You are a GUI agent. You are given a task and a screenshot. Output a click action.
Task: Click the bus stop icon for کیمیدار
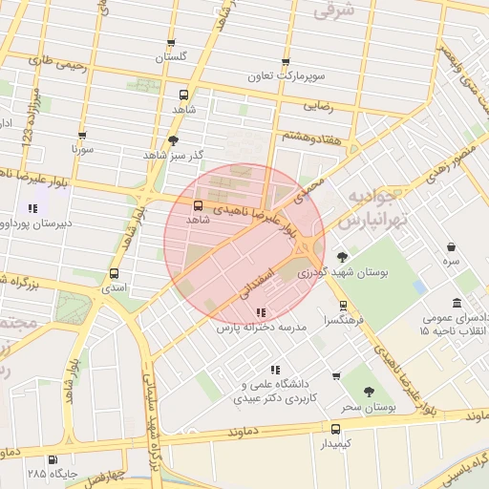[335, 429]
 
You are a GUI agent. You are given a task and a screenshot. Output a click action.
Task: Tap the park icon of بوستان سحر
[370, 392]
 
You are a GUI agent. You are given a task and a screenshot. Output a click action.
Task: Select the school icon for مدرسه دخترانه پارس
[261, 311]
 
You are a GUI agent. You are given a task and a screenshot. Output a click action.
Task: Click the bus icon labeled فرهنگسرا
[343, 306]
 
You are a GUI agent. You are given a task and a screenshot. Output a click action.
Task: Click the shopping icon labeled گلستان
[171, 43]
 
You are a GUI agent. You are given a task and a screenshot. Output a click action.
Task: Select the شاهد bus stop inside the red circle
[198, 205]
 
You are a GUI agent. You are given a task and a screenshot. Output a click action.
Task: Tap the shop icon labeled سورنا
[82, 136]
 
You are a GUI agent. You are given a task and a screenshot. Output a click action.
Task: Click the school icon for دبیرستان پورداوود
[33, 208]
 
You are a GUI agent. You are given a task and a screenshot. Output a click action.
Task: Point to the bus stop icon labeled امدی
[114, 273]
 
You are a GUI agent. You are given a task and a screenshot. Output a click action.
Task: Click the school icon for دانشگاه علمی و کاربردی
[275, 369]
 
